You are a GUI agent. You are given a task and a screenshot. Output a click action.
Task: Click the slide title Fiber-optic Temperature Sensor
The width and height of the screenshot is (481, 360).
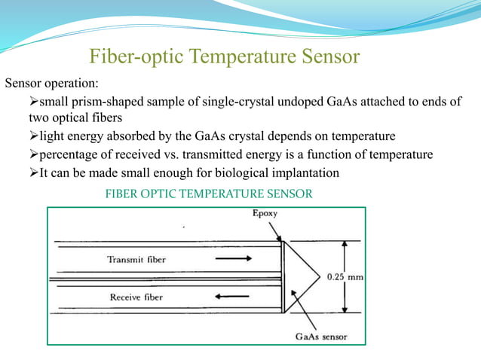[225, 56]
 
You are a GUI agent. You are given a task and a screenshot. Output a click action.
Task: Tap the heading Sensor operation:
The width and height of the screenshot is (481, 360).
[51, 82]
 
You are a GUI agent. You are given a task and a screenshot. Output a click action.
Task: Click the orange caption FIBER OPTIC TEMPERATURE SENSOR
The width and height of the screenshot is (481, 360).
[208, 194]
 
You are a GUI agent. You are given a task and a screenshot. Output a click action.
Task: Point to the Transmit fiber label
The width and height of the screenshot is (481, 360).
[136, 259]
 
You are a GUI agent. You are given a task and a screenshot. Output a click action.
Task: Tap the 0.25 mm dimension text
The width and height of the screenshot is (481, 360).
[345, 276]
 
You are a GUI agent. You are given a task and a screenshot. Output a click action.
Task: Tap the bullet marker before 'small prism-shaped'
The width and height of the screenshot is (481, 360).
[33, 101]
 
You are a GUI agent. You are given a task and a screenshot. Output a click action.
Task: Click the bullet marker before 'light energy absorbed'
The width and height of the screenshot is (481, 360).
[33, 137]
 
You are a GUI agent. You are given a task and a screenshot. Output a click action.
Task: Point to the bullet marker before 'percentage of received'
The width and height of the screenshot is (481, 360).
[33, 155]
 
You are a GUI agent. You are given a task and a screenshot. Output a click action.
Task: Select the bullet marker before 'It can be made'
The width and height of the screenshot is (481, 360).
[33, 173]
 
